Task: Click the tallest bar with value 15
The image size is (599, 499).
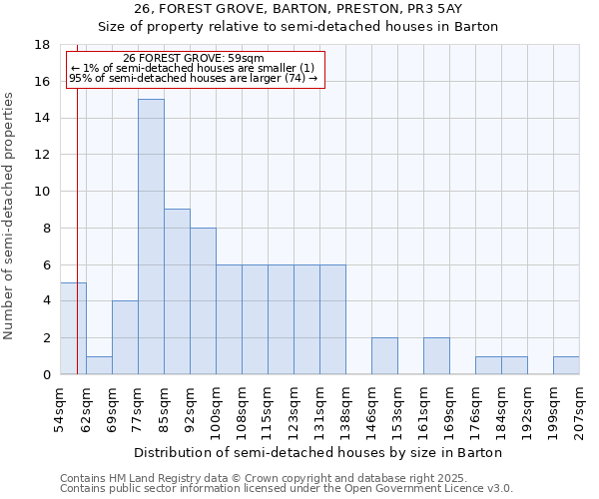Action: [151, 237]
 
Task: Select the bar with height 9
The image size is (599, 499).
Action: [177, 291]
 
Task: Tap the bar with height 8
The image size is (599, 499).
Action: [203, 300]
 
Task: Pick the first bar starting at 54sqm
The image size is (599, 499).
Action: [73, 328]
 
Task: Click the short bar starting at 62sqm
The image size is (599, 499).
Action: [99, 365]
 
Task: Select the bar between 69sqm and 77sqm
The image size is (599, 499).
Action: [125, 337]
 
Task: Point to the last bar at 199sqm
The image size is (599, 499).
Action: [566, 365]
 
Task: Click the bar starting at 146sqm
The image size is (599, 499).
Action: [384, 355]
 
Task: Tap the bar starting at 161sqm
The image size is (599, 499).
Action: [436, 355]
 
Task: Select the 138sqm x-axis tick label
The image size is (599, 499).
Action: [345, 409]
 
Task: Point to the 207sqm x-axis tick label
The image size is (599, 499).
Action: [579, 409]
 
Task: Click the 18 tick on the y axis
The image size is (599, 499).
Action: [42, 45]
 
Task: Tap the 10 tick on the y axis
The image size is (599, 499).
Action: [42, 192]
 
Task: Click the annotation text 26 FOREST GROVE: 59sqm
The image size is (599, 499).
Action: [194, 59]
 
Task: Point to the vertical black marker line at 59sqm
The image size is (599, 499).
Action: [77, 230]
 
